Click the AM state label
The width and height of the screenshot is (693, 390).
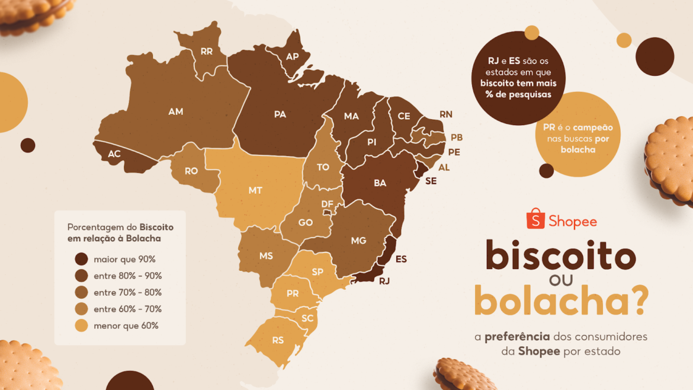click(176, 111)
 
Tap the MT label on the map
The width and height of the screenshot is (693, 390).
click(255, 190)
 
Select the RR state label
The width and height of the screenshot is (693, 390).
click(206, 52)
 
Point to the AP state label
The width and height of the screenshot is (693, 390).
click(293, 57)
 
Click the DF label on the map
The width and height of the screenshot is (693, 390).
click(327, 204)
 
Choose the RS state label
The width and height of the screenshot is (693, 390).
click(278, 340)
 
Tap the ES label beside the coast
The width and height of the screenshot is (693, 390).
click(401, 259)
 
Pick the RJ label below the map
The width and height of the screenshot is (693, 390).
click(384, 281)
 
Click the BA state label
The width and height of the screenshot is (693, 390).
click(380, 183)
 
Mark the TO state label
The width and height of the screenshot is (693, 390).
click(323, 167)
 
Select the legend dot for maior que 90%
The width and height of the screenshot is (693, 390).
click(81, 259)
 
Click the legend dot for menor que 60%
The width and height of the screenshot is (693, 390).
click(81, 325)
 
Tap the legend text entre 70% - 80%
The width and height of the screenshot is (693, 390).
click(127, 292)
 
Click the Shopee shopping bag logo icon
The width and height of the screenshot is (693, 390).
click(535, 219)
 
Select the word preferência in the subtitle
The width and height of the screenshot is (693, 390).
click(516, 337)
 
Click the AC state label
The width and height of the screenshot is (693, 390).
click(114, 154)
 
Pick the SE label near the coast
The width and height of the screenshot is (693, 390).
click(431, 181)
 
